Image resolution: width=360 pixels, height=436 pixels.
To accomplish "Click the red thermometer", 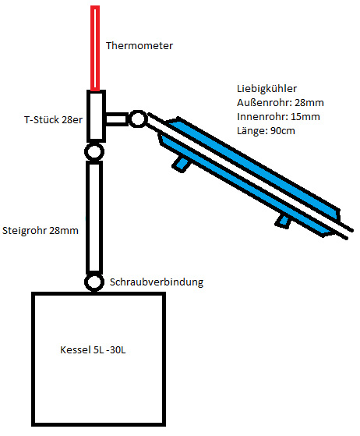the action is click(95, 48).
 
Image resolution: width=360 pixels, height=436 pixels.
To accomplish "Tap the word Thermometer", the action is click(139, 45).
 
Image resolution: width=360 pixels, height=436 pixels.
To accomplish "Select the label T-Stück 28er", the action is click(53, 120).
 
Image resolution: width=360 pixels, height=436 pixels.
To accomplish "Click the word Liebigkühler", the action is click(266, 89).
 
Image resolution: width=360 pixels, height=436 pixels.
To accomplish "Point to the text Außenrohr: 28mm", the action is click(281, 103).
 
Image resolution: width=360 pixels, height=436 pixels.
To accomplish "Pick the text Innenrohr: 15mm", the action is click(278, 116).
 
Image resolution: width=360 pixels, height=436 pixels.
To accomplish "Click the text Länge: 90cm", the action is click(266, 130).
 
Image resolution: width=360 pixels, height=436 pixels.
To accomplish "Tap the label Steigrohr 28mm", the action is click(41, 231).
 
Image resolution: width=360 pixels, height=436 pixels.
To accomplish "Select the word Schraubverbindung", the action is click(157, 282).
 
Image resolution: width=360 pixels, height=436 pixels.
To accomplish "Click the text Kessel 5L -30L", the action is click(93, 349).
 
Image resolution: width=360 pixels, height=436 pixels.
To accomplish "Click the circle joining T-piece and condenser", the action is click(138, 119).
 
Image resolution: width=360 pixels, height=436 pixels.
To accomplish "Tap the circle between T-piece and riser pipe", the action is click(94, 152).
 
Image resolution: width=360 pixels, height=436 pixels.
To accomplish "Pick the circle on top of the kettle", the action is click(94, 282).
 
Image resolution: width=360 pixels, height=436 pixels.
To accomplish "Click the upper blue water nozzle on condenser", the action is click(182, 164).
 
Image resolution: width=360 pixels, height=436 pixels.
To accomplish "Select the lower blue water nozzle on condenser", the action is click(283, 221).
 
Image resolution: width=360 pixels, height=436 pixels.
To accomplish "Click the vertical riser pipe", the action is click(94, 217).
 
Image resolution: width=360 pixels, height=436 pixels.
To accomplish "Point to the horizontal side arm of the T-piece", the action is click(117, 119).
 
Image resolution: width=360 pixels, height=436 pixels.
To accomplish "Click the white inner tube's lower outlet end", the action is click(350, 233).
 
